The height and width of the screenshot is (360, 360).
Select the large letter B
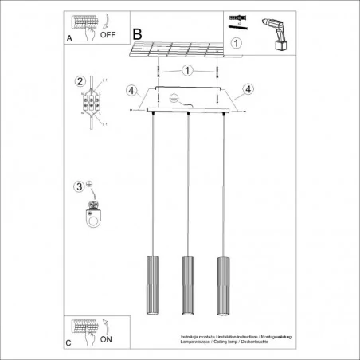coord(138,35)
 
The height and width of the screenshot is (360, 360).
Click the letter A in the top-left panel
coord(68,36)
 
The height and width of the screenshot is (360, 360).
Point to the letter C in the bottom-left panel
coord(68,343)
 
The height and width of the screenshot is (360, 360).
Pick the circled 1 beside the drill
coord(236,43)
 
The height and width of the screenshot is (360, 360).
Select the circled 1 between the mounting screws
coord(186,71)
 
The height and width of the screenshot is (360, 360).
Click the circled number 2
coord(80,81)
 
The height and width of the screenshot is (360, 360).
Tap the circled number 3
coord(79,187)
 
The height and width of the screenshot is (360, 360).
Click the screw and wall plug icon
coord(240,20)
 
